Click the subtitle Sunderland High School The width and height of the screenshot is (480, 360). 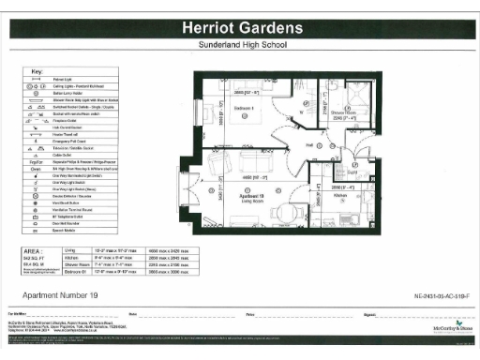pos(240,45)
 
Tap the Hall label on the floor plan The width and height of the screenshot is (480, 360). pos(308,145)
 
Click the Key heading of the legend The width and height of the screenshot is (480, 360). pos(37,72)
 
